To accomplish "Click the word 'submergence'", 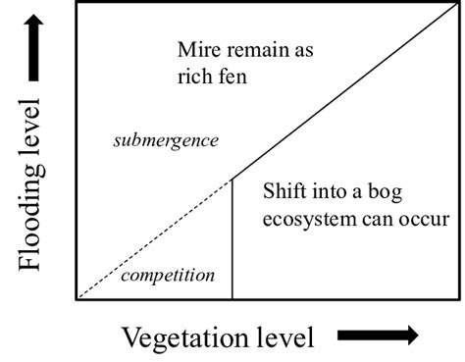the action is pyautogui.click(x=165, y=140).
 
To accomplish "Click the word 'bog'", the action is pyautogui.click(x=417, y=192).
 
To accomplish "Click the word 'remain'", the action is pyautogui.click(x=260, y=49).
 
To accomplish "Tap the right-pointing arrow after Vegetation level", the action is pyautogui.click(x=379, y=336).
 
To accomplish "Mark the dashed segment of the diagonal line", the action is pyautogui.click(x=152, y=238).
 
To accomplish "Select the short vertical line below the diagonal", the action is pyautogui.click(x=232, y=240).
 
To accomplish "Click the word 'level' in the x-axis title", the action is pyautogui.click(x=282, y=337).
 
